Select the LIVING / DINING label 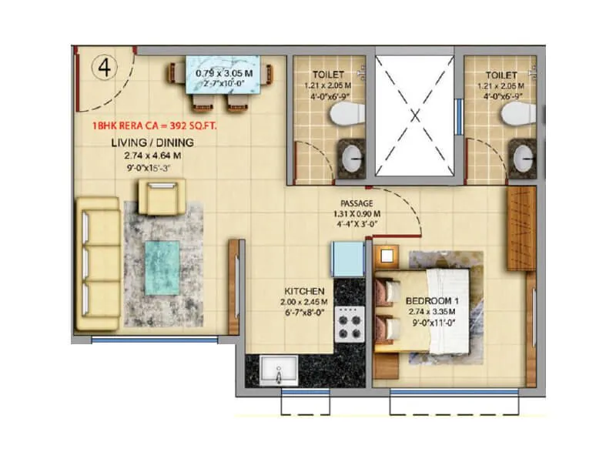click(x=152, y=143)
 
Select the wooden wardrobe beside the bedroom click(x=519, y=229)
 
